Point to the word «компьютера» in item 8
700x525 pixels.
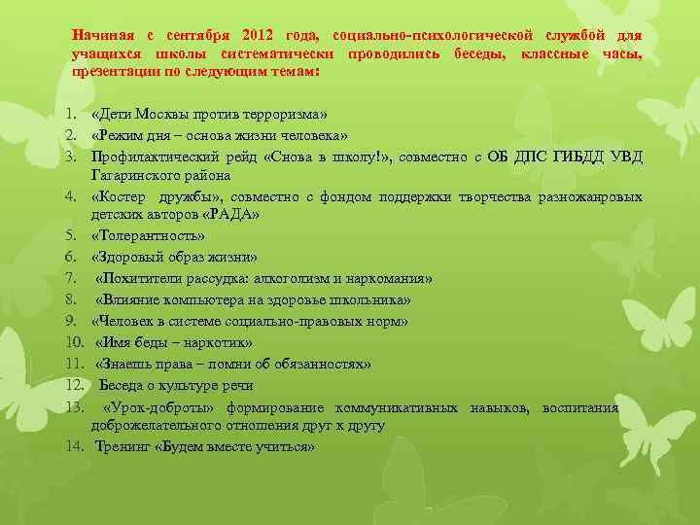(197, 299)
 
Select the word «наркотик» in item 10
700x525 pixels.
(220, 342)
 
